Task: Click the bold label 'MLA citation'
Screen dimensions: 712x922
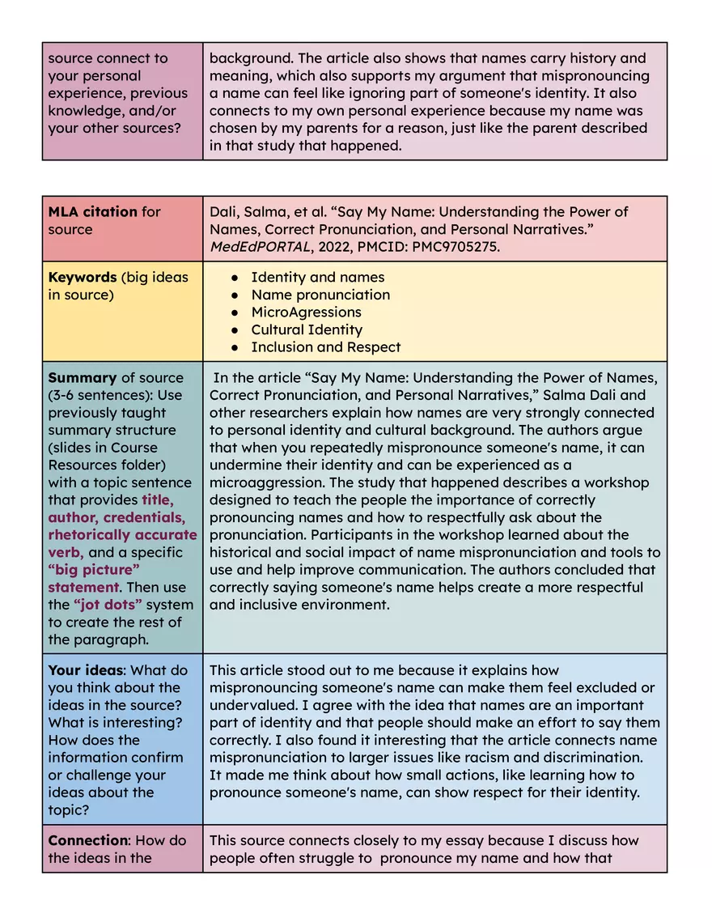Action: tap(93, 212)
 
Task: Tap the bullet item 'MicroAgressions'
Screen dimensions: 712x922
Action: tap(307, 312)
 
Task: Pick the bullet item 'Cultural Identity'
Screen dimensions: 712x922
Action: tap(307, 330)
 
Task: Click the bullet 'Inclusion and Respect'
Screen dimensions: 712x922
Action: tap(325, 347)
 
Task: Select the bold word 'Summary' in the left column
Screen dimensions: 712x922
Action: tap(83, 378)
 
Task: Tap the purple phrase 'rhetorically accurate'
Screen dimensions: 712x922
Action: tap(122, 535)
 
